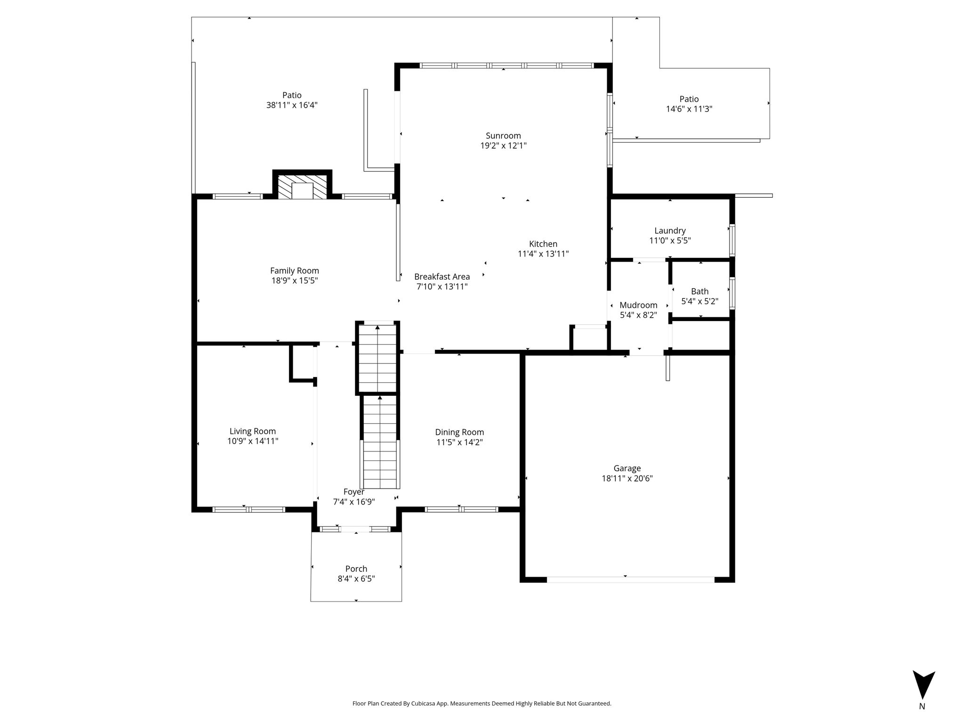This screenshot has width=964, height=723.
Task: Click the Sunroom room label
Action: click(x=503, y=136)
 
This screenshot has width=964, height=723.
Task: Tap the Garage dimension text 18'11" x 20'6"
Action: click(x=627, y=478)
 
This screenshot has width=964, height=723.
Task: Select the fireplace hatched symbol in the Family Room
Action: click(x=302, y=187)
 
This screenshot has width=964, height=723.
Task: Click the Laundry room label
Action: click(x=670, y=231)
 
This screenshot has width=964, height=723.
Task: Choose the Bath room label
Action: click(x=699, y=291)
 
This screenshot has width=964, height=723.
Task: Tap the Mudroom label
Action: click(x=638, y=305)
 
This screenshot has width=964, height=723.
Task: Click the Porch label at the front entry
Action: click(x=356, y=569)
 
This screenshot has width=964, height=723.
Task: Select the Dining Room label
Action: click(x=459, y=432)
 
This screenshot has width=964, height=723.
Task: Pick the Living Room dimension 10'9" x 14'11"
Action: click(x=253, y=441)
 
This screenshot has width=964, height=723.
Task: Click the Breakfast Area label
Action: click(x=442, y=277)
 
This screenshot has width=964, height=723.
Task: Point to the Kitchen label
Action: click(x=543, y=244)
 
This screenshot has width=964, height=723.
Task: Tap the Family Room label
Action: click(x=295, y=271)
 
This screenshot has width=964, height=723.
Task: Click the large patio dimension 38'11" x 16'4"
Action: click(x=292, y=105)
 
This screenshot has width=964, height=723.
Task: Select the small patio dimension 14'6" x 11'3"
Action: click(x=689, y=109)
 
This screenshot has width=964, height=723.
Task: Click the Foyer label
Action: click(x=354, y=492)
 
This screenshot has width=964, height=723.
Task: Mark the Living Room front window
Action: click(x=249, y=509)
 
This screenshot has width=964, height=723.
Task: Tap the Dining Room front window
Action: click(x=461, y=509)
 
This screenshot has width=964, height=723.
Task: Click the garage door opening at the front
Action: click(x=631, y=580)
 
